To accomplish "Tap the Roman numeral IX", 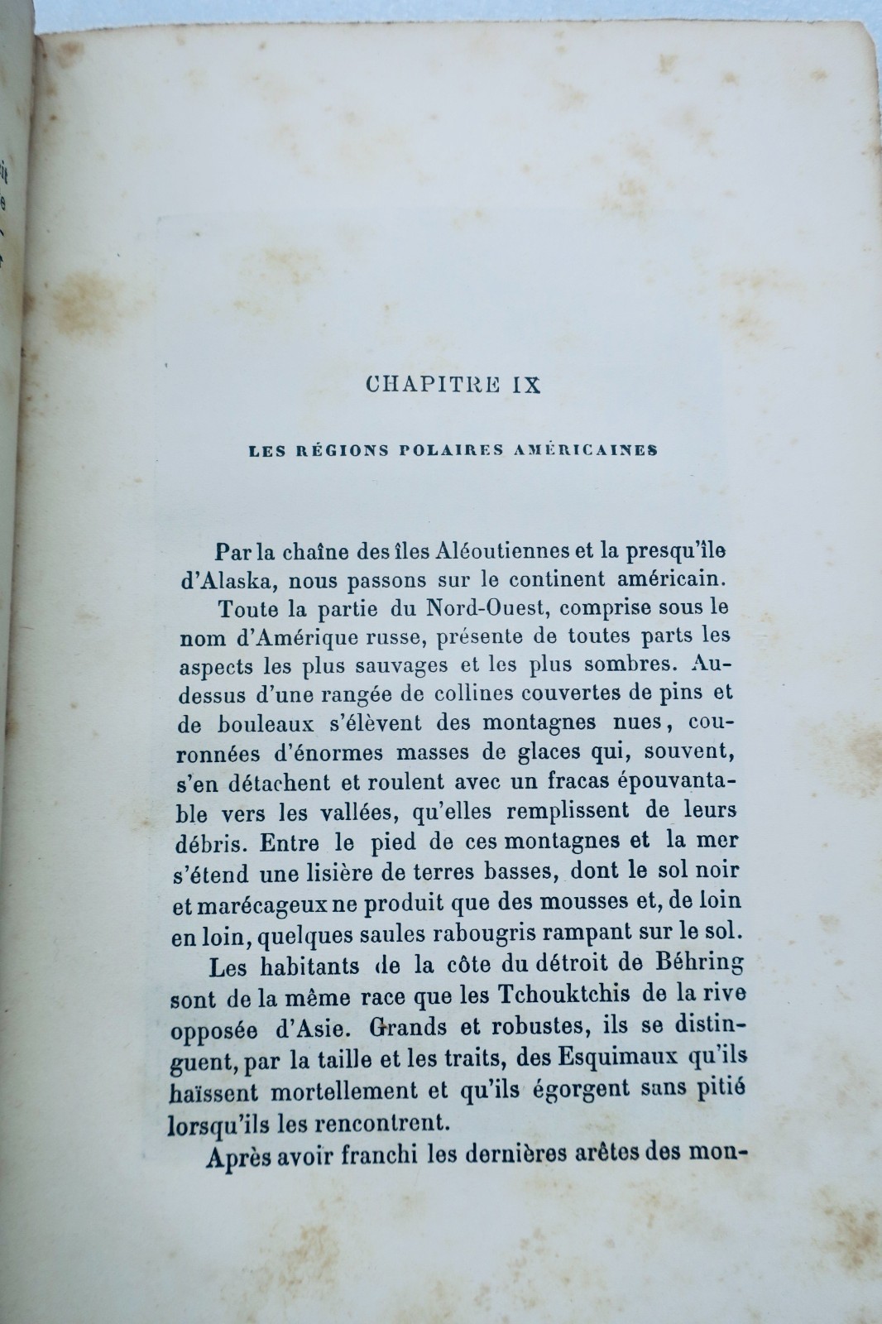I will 522,386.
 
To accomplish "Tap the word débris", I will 213,842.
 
